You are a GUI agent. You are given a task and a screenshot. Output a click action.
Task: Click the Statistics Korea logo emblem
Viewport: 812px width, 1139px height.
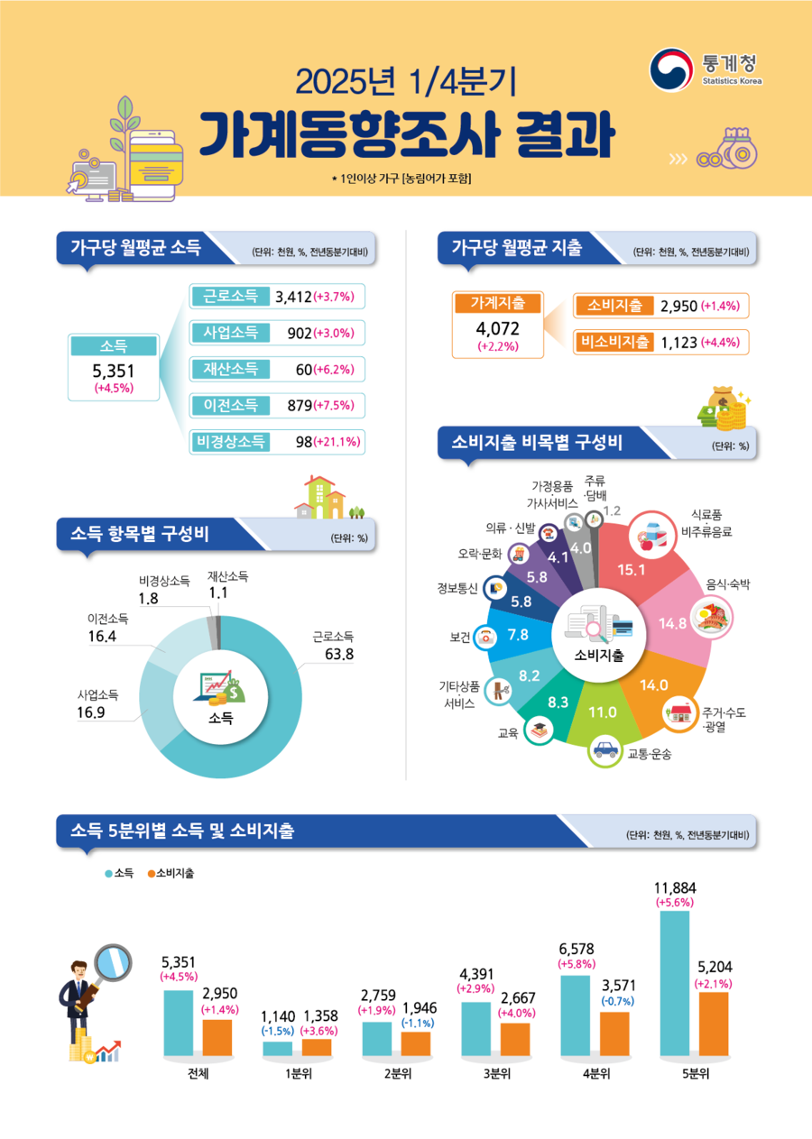(x=671, y=69)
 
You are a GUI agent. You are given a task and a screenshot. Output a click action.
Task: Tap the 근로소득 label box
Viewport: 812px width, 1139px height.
(x=231, y=296)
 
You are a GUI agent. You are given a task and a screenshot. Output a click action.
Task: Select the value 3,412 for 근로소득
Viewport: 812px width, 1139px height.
(x=293, y=297)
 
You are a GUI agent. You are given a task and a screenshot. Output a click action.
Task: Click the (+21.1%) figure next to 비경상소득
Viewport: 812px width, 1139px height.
(x=337, y=442)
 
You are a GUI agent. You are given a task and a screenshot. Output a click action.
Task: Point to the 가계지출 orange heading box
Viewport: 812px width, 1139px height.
(x=497, y=304)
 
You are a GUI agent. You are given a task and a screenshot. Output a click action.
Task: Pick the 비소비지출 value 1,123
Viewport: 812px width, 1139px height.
(x=679, y=342)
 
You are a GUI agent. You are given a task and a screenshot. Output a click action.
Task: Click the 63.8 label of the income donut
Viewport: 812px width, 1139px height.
(x=338, y=653)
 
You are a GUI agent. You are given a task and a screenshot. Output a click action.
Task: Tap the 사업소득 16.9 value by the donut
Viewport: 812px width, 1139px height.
(x=91, y=712)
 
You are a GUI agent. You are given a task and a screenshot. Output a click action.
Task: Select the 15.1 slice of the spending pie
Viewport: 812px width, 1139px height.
(x=632, y=569)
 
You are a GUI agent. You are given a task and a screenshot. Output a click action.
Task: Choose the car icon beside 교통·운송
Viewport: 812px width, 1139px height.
(x=604, y=749)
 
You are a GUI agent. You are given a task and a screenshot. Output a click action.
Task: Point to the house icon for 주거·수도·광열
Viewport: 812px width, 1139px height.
(x=678, y=715)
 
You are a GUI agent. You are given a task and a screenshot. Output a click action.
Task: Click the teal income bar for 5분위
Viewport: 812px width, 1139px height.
(x=674, y=983)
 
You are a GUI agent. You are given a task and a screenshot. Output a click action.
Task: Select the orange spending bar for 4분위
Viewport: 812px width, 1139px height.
(x=614, y=1033)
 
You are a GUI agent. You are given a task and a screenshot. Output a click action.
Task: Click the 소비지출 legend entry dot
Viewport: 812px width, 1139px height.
(x=152, y=874)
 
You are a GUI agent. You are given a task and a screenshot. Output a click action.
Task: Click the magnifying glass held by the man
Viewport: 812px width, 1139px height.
(x=112, y=960)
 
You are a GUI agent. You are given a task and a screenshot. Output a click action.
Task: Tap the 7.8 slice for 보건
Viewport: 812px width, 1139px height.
(x=518, y=635)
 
